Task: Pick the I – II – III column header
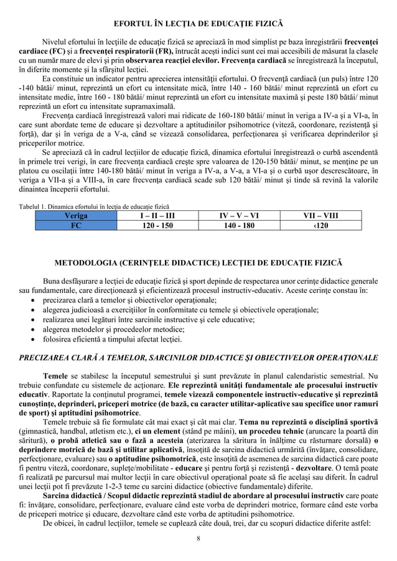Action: pos(156,215)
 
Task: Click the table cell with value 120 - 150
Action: pos(156,226)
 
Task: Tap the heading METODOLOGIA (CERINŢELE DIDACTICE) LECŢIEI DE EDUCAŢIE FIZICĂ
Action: pos(198,259)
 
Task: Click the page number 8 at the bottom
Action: pos(198,537)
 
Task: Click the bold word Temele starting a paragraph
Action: pos(55,376)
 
